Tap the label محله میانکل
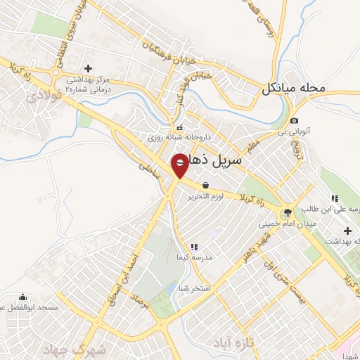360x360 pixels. (x=295, y=89)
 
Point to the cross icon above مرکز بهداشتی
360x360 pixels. (x=88, y=68)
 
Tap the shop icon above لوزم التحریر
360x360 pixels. (x=205, y=185)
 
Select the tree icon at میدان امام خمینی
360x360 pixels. (x=287, y=212)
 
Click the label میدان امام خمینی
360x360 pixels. (x=288, y=223)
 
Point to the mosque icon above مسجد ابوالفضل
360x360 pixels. (x=24, y=297)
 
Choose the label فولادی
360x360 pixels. (x=44, y=97)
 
